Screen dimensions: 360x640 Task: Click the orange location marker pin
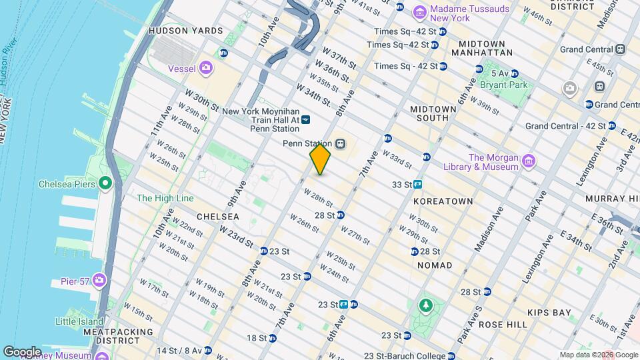click(320, 159)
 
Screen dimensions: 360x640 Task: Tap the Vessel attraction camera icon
click(205, 67)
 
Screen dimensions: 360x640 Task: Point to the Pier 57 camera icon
click(99, 279)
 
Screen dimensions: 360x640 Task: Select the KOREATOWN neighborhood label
click(443, 201)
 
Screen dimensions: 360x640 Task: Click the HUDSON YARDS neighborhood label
click(185, 31)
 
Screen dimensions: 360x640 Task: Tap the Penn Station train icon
click(340, 143)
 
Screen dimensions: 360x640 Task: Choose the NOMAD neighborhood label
click(434, 265)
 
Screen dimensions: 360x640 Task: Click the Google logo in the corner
click(22, 351)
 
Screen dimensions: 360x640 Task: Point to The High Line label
click(165, 198)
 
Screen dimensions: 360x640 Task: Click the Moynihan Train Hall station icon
click(305, 120)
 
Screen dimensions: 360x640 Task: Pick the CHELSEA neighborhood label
click(217, 217)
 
